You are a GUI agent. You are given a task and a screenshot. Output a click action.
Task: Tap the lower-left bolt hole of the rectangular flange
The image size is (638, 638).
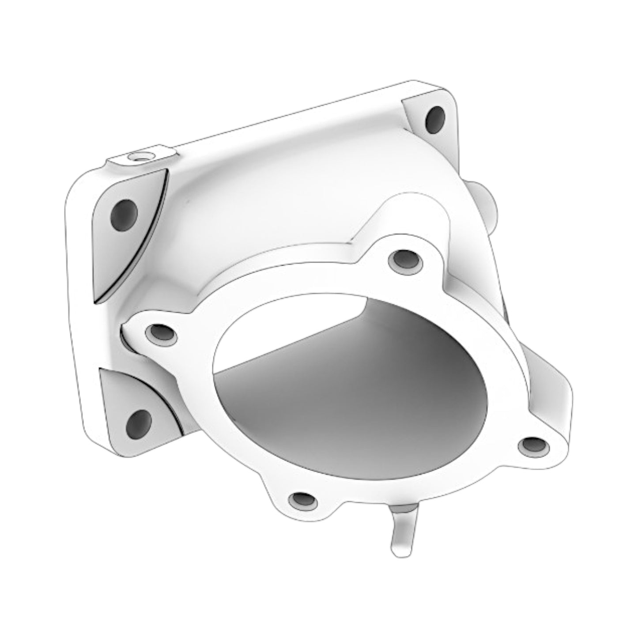tap(139, 422)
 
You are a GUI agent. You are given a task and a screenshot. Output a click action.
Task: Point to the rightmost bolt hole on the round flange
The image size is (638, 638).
tap(534, 446)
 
